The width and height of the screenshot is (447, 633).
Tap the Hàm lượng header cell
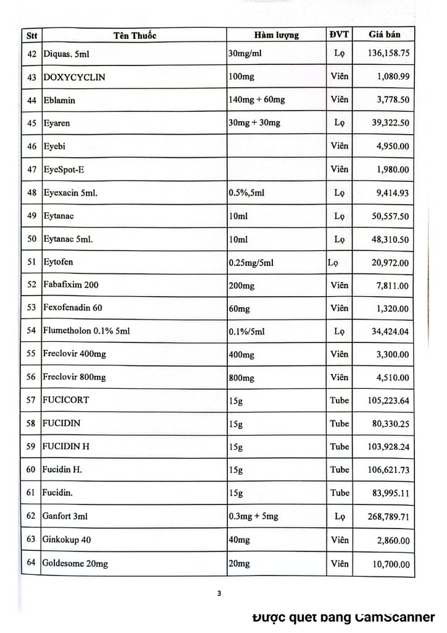[x=276, y=35]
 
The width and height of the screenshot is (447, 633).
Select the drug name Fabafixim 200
[x=71, y=285]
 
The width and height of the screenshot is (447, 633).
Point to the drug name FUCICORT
[x=67, y=400]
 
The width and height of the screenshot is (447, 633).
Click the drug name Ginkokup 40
[x=68, y=540]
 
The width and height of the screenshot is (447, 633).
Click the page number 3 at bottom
[x=219, y=595]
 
